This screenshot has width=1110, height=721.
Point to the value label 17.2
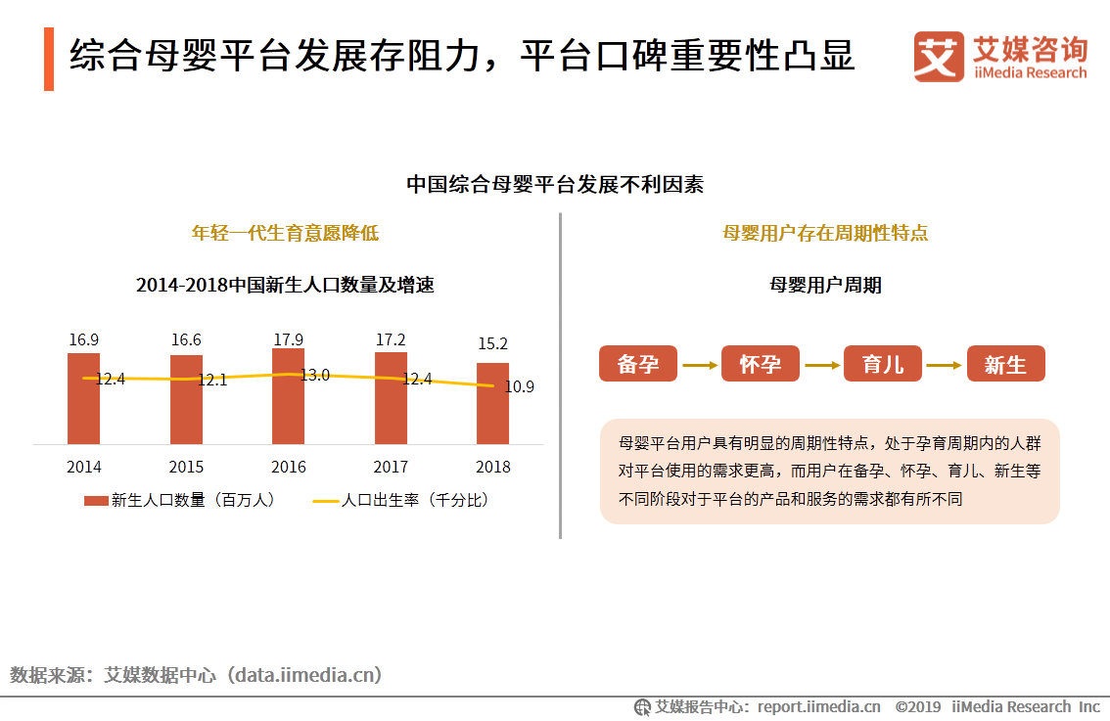pyautogui.click(x=391, y=340)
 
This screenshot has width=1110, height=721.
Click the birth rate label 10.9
pyautogui.click(x=519, y=386)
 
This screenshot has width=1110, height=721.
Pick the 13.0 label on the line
pyautogui.click(x=314, y=375)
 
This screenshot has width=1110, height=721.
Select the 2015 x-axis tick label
pyautogui.click(x=186, y=467)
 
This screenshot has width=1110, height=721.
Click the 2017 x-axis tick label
pyautogui.click(x=391, y=467)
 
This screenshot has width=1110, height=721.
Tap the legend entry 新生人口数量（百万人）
pyautogui.click(x=180, y=500)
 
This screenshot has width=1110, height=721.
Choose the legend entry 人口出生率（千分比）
pyautogui.click(x=401, y=500)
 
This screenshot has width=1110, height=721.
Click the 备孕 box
pyautogui.click(x=638, y=364)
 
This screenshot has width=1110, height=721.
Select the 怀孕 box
pyautogui.click(x=761, y=364)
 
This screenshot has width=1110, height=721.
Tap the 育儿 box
pyautogui.click(x=883, y=364)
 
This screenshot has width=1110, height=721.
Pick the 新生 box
pyautogui.click(x=1005, y=364)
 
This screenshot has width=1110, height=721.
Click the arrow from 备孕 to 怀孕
pyautogui.click(x=700, y=365)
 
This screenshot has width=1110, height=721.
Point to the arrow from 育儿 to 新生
pyautogui.click(x=945, y=365)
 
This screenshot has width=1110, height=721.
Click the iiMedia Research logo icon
pyautogui.click(x=939, y=57)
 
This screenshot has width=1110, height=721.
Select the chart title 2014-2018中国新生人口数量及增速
pyautogui.click(x=285, y=286)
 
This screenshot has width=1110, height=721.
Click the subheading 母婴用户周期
pyautogui.click(x=826, y=285)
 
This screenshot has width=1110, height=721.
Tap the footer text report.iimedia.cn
pyautogui.click(x=819, y=706)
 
